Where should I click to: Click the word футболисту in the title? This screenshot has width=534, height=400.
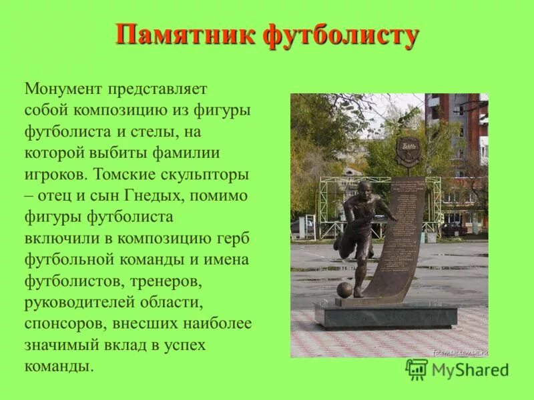tap(340, 35)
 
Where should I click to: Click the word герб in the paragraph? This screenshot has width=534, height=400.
tap(233, 238)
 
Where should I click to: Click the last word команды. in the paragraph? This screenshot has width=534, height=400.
tap(57, 366)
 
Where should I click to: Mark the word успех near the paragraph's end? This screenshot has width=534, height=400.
tap(183, 345)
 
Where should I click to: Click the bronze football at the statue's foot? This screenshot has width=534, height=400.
tap(344, 290)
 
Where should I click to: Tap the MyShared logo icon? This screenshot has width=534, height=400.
tap(417, 369)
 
